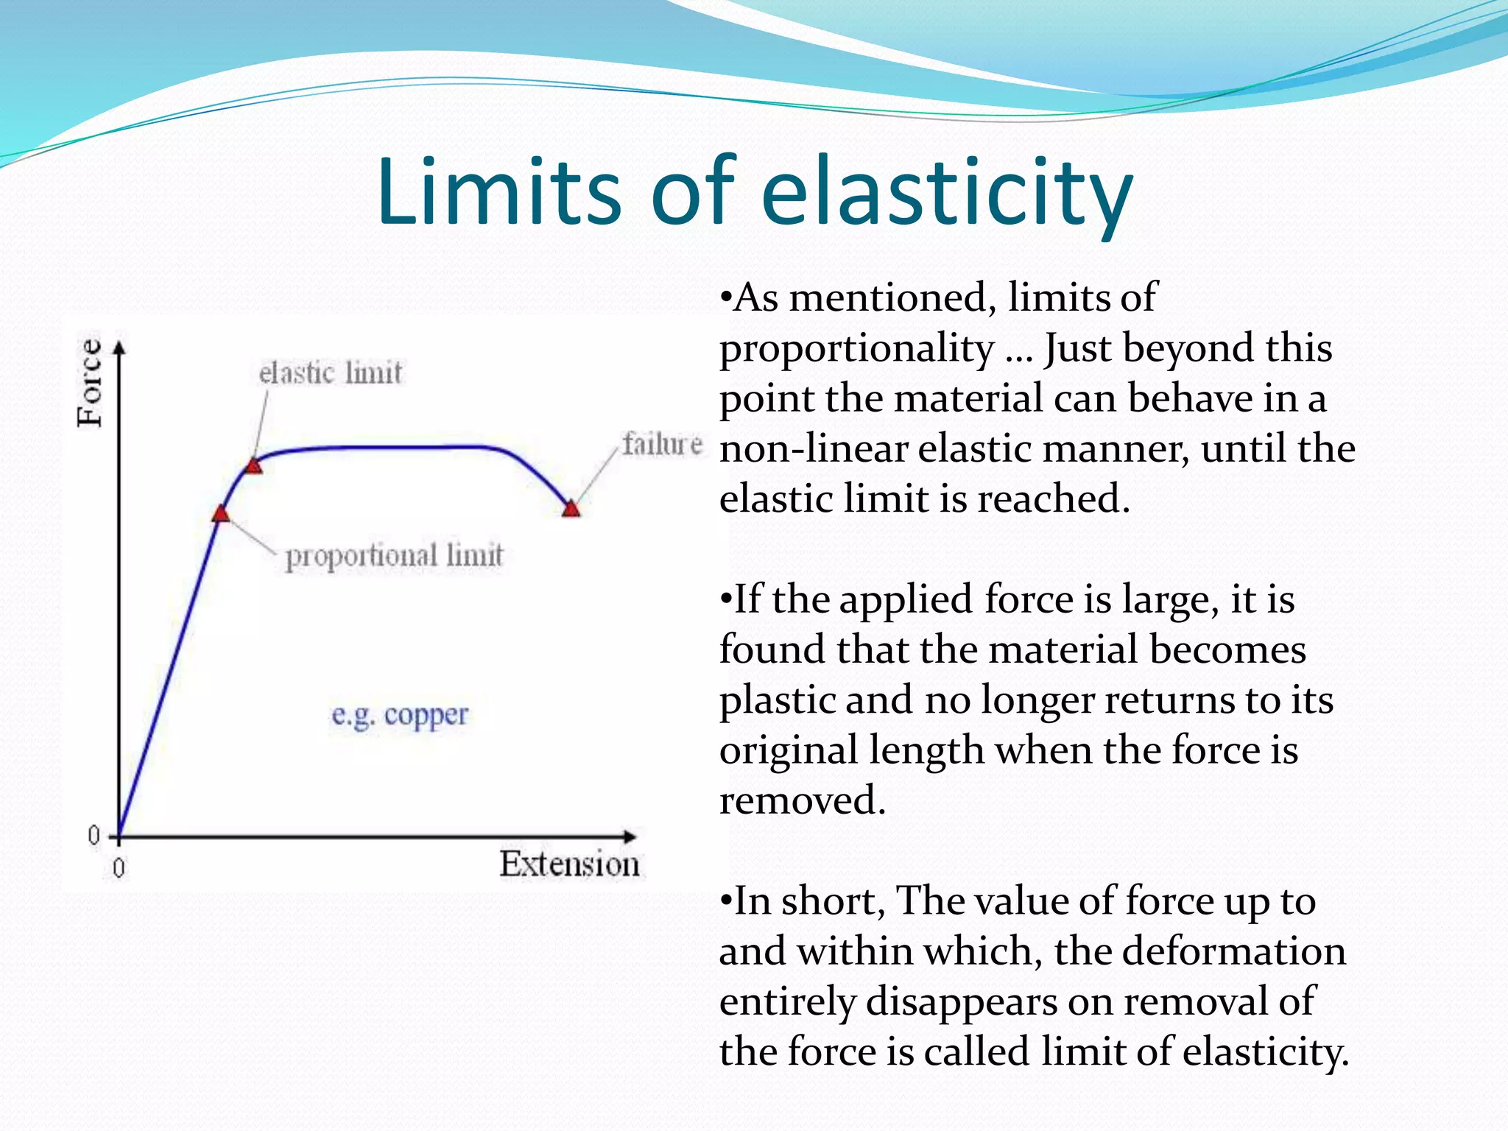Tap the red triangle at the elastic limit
[253, 466]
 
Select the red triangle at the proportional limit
[220, 514]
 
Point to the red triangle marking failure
[571, 509]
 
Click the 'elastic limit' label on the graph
[331, 373]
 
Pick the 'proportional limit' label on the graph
[394, 556]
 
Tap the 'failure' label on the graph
[662, 444]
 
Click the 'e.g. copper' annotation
[400, 715]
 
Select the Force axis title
[91, 383]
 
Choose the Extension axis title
[569, 864]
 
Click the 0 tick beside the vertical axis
[94, 835]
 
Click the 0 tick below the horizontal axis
[119, 869]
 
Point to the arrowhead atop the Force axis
[119, 347]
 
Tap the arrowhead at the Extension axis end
[630, 837]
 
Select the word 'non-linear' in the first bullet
[812, 448]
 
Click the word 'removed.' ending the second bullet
[802, 801]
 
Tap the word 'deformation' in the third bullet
[1200, 951]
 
